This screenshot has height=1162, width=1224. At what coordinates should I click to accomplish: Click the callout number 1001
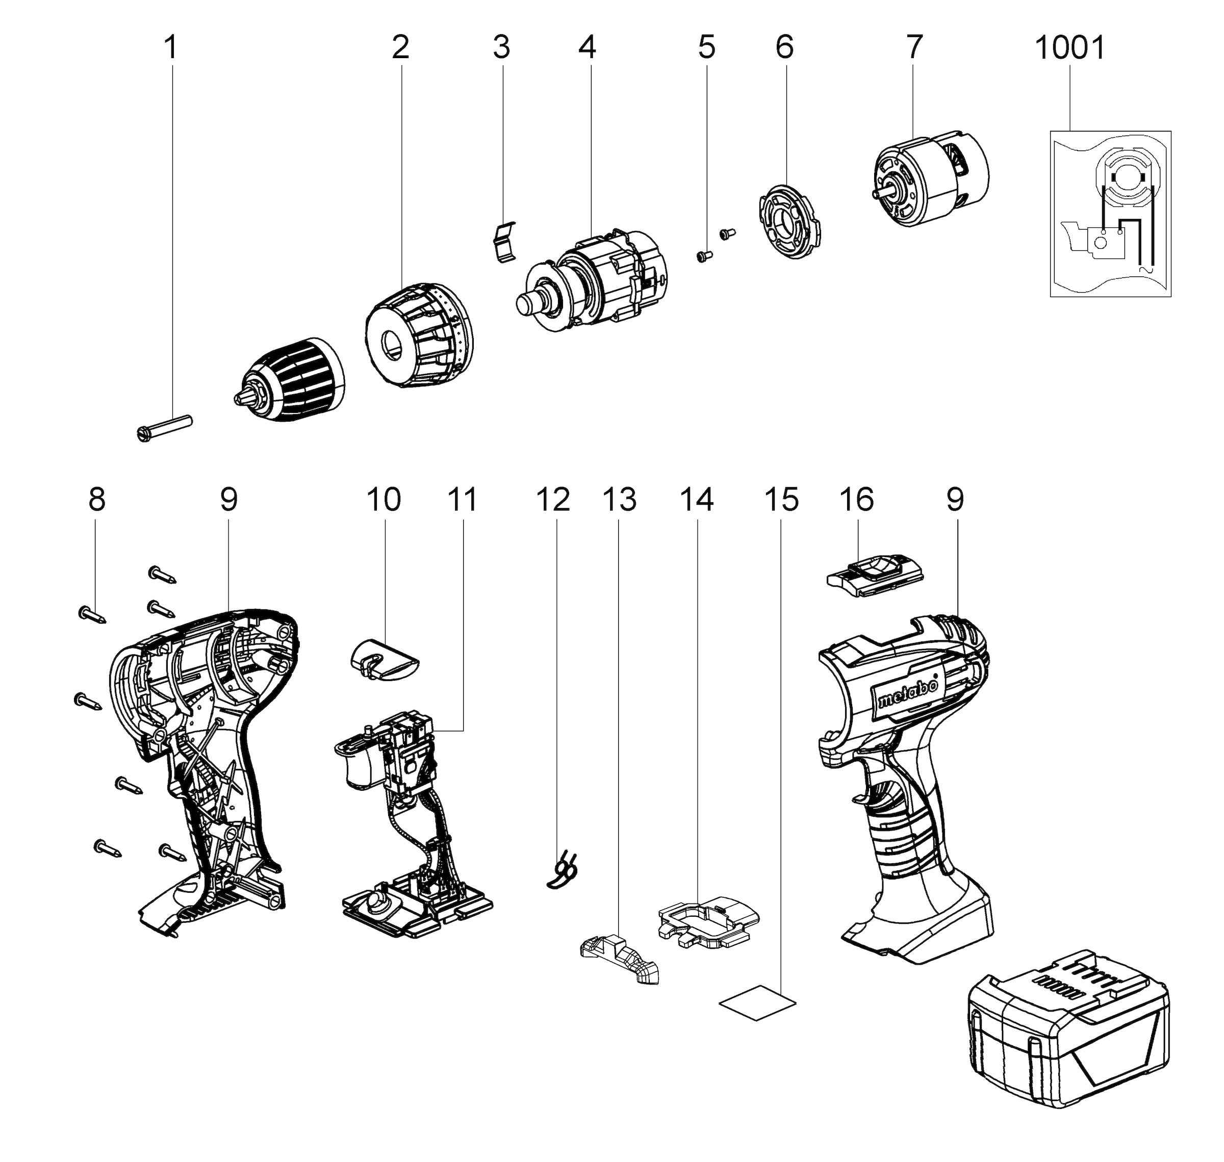[x=1070, y=48]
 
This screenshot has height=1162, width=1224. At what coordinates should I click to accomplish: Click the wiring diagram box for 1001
[x=1110, y=214]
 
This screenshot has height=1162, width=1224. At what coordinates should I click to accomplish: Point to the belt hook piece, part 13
[x=620, y=958]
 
